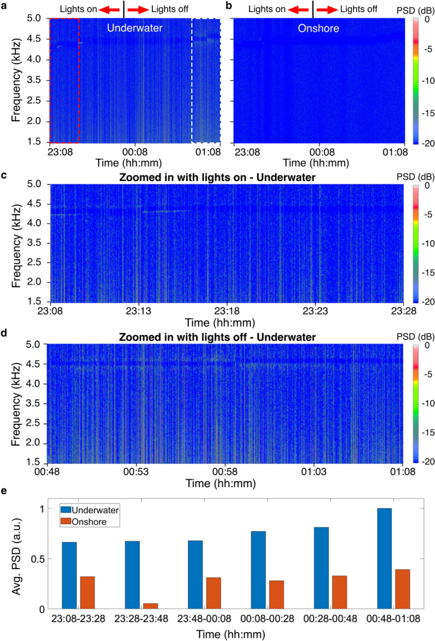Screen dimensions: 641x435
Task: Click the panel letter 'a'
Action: pos(5,6)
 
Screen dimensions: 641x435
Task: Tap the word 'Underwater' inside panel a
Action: pos(135,29)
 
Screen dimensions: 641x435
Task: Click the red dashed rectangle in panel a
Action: pos(64,80)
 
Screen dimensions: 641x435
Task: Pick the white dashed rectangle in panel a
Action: pos(206,80)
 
